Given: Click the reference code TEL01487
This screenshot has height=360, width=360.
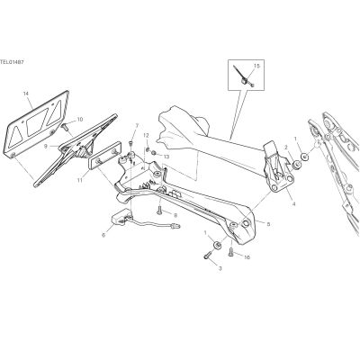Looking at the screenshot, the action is [12, 62].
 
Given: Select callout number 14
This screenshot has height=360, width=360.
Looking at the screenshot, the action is [25, 94].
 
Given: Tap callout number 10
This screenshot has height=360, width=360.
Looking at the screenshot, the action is [80, 120].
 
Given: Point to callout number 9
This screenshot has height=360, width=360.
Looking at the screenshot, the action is [46, 147].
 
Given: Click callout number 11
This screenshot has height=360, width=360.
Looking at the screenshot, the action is [79, 180].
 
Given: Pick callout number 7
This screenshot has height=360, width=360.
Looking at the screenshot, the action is [137, 125].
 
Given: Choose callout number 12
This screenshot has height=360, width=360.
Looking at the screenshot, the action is [146, 135].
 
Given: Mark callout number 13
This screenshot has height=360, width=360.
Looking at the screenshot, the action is [166, 157].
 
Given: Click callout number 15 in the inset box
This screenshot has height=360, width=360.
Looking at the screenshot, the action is [256, 66].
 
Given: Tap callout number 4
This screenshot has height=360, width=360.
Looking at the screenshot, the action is [293, 204].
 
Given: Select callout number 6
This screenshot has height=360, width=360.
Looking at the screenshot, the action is [103, 236].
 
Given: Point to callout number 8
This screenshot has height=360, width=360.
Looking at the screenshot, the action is [175, 215].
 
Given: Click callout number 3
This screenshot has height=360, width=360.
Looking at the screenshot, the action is [220, 268].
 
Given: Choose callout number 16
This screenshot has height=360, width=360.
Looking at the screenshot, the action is [247, 257].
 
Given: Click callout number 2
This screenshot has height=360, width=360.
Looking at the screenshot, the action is [286, 147].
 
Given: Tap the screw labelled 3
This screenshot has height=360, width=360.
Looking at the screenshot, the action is [207, 256].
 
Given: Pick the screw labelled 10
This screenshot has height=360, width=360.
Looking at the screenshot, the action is [65, 127].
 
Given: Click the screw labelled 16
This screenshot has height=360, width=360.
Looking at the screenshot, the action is [230, 252].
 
